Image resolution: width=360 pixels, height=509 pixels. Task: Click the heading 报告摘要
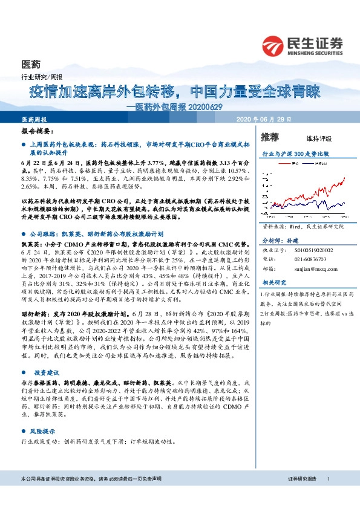tap(37, 131)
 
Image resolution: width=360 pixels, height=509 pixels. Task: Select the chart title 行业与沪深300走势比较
tap(295, 154)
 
